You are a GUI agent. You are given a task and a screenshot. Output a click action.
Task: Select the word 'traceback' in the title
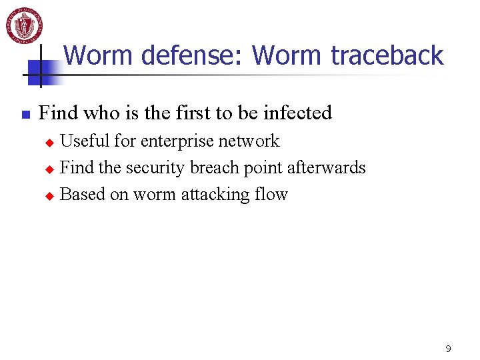pyautogui.click(x=387, y=55)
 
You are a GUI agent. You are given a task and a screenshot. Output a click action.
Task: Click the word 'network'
pyautogui.click(x=253, y=141)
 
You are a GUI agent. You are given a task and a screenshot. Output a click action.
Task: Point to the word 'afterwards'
pyautogui.click(x=327, y=167)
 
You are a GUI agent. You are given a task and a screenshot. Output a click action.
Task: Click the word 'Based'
pyautogui.click(x=82, y=195)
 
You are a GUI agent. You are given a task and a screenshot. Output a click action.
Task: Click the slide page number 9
pyautogui.click(x=448, y=349)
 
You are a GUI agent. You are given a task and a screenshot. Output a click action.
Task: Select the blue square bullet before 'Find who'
pyautogui.click(x=25, y=115)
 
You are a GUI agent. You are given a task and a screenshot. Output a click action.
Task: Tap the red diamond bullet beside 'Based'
pyautogui.click(x=48, y=196)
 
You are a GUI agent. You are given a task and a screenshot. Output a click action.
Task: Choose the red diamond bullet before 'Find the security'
pyautogui.click(x=48, y=169)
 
